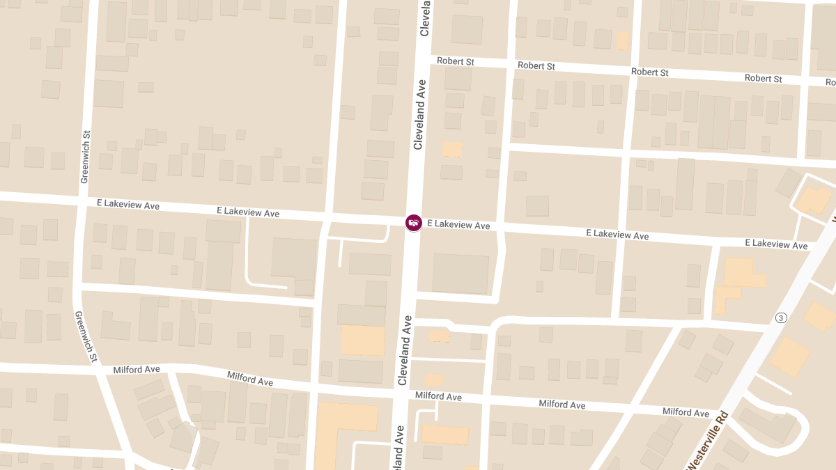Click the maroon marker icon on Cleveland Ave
click(414, 223)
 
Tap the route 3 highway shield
click(781, 318)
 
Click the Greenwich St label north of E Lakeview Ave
click(85, 157)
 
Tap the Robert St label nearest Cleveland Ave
click(456, 61)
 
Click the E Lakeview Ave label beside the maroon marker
click(458, 225)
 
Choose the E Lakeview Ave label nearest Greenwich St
click(128, 205)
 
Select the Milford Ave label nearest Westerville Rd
click(686, 412)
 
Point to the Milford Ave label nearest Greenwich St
click(137, 369)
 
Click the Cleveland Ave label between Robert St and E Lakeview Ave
click(419, 114)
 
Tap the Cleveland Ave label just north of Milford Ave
click(404, 350)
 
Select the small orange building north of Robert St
click(622, 40)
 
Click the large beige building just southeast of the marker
click(460, 273)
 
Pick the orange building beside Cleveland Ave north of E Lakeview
click(452, 149)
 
